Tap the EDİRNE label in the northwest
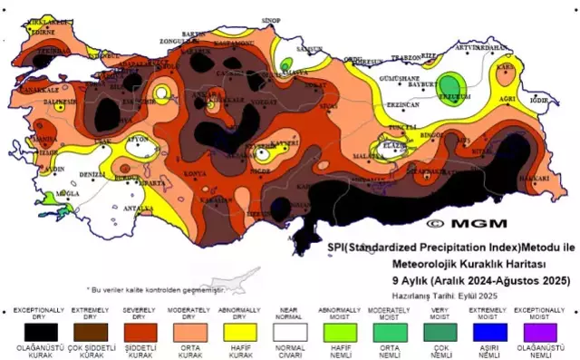(x=39, y=31)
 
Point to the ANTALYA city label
(x=137, y=209)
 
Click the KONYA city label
(x=194, y=173)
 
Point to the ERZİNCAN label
(x=401, y=105)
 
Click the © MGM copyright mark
(x=459, y=222)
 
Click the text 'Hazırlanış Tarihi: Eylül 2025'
(x=439, y=296)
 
